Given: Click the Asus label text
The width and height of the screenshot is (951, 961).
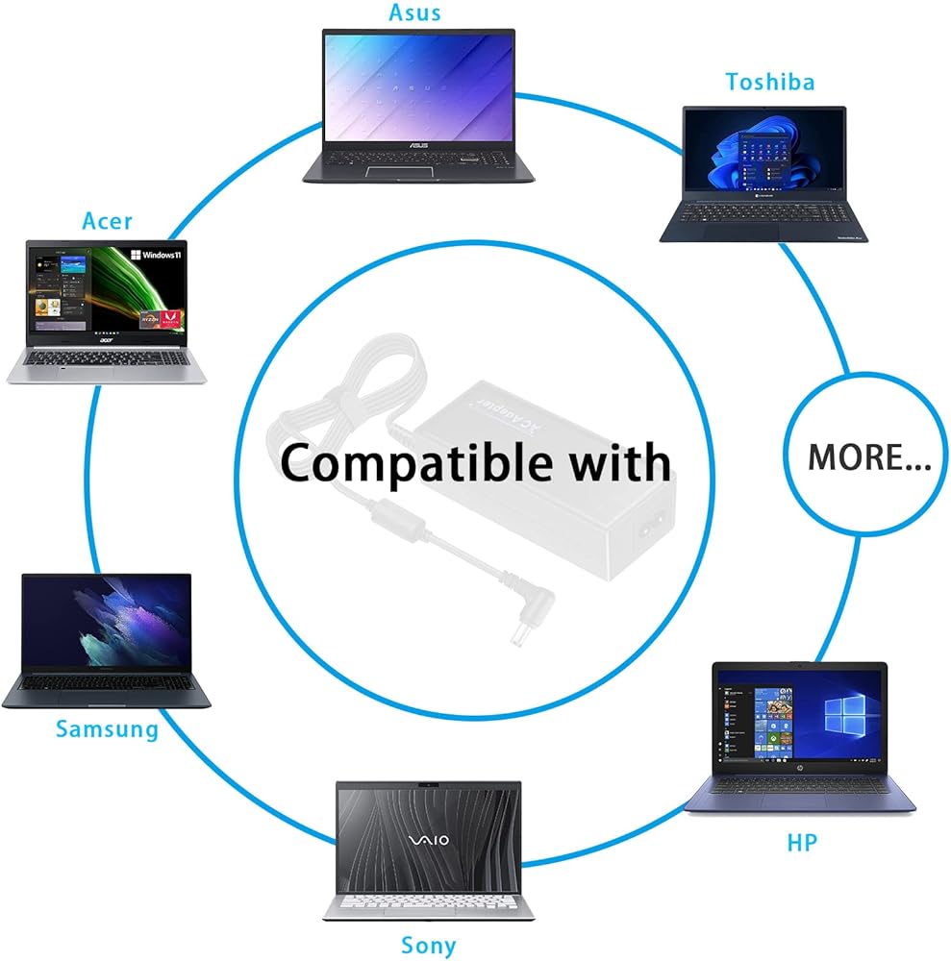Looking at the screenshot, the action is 415,12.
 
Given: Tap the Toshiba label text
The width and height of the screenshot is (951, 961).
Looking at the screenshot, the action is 769,82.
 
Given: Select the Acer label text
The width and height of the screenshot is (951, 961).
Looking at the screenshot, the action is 108,221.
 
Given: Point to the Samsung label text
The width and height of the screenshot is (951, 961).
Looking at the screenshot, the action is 107,728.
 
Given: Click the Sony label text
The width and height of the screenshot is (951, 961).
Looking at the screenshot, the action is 428,945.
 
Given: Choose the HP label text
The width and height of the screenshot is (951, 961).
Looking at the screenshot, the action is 802,843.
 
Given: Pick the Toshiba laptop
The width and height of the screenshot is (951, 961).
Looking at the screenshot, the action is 763,173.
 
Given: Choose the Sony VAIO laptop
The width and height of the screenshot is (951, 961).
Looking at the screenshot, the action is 428,850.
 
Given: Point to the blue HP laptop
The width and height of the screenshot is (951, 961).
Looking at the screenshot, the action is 800,735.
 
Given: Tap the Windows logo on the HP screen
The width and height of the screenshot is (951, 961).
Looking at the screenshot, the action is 842,716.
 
